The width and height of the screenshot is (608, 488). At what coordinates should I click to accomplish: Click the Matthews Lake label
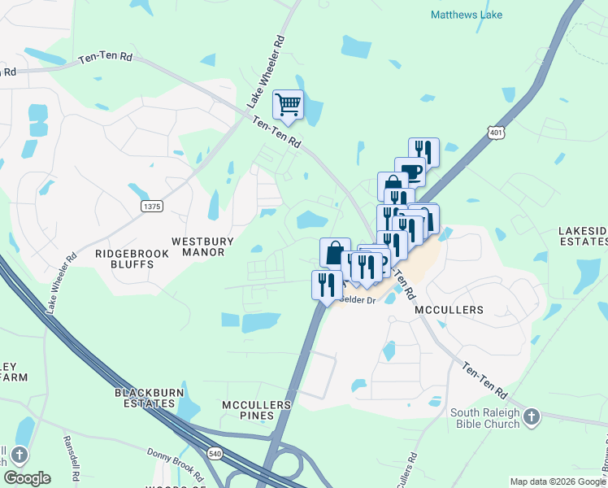[x=467, y=15]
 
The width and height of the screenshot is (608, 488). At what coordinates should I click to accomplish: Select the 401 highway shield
[x=495, y=131]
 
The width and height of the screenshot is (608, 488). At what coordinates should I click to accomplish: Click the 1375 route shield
[x=152, y=207]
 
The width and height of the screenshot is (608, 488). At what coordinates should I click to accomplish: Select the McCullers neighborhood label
[x=449, y=310]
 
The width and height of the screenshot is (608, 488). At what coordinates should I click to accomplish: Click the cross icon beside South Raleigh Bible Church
[x=532, y=417]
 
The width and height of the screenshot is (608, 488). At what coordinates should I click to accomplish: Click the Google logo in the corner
[x=27, y=477]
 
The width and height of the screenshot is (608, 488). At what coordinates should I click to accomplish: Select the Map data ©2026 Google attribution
[x=557, y=481]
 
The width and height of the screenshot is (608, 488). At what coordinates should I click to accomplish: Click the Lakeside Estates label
[x=583, y=236]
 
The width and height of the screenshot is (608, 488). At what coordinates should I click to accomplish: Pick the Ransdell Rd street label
[x=69, y=450]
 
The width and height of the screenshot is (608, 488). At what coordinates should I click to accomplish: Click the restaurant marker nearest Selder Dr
[x=325, y=285]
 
